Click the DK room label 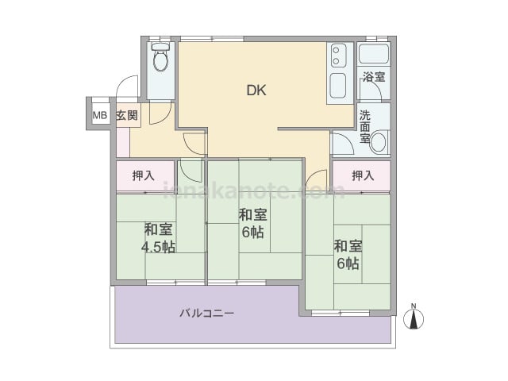pyautogui.click(x=256, y=90)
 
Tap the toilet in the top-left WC pyautogui.click(x=160, y=57)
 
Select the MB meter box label pyautogui.click(x=100, y=115)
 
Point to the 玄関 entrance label pyautogui.click(x=127, y=115)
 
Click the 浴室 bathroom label pyautogui.click(x=374, y=77)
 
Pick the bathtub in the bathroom pyautogui.click(x=374, y=53)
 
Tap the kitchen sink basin pyautogui.click(x=338, y=86)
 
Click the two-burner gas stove pyautogui.click(x=338, y=56)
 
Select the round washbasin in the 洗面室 pyautogui.click(x=379, y=142)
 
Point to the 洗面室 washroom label pyautogui.click(x=365, y=127)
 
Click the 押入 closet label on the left pyautogui.click(x=143, y=175)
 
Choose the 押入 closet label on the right pyautogui.click(x=363, y=175)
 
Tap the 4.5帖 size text pyautogui.click(x=159, y=247)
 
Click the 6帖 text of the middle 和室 pyautogui.click(x=252, y=232)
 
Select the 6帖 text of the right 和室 pyautogui.click(x=348, y=263)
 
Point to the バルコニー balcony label pyautogui.click(x=207, y=314)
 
